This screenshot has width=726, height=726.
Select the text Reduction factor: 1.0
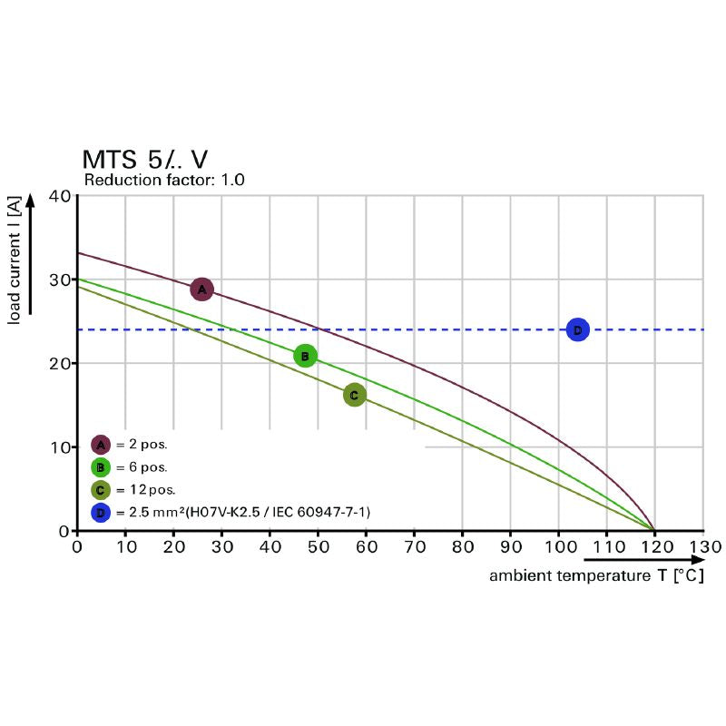[164, 181]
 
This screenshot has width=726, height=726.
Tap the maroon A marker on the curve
[201, 289]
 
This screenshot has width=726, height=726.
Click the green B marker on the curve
[306, 356]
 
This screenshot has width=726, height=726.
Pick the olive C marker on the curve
[354, 395]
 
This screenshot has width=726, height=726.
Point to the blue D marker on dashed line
[577, 329]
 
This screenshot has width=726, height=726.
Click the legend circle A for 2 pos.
[101, 445]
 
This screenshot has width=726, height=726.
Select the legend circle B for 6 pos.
[101, 467]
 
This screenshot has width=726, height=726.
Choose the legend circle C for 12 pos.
[101, 490]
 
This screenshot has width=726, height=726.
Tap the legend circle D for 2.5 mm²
[101, 513]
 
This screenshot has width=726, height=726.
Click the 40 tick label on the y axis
[59, 196]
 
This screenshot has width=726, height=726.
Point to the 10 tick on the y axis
[59, 447]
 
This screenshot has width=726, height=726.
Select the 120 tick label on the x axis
[654, 547]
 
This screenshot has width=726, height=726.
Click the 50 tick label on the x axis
[318, 547]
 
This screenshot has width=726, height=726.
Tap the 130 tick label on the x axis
[703, 547]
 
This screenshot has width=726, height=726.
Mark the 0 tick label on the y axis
[64, 531]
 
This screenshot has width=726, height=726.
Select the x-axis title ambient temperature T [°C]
[596, 576]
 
